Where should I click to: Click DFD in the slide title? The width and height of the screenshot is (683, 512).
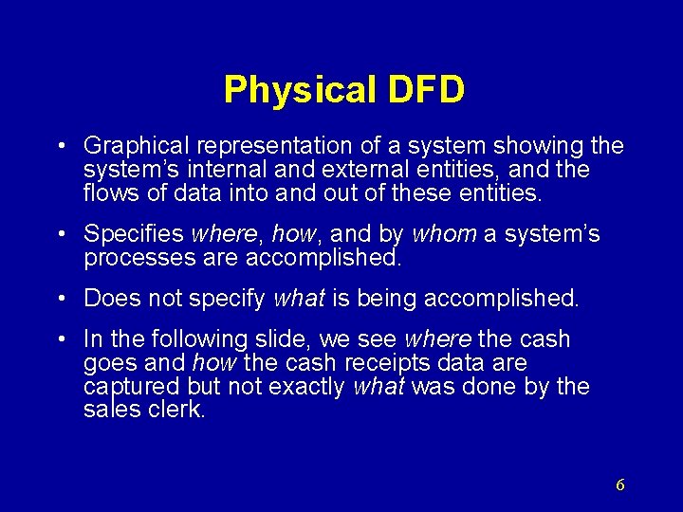click(426, 90)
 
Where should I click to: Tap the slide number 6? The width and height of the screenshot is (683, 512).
click(619, 485)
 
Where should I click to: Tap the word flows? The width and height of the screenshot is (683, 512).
click(110, 193)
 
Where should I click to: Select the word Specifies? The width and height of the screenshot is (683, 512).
click(134, 234)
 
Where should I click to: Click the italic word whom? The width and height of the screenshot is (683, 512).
click(446, 234)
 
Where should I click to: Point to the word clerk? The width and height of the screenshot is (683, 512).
click(179, 410)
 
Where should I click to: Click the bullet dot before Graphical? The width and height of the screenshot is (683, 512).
click(61, 147)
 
